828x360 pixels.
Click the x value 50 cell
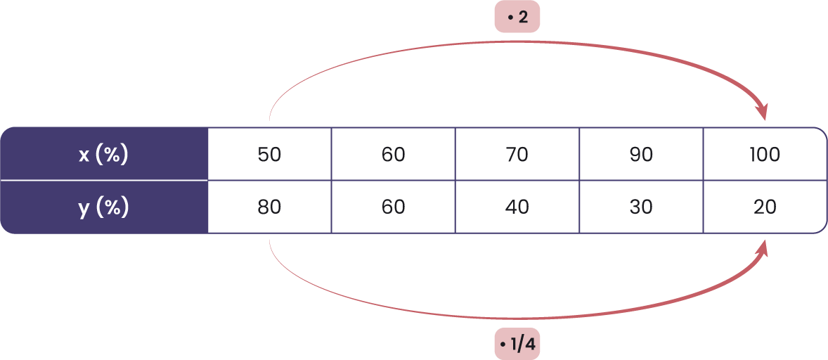click(269, 154)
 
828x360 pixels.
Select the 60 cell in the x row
click(393, 154)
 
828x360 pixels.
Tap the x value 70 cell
click(517, 154)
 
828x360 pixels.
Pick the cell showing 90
click(640, 154)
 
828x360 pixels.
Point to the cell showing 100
click(764, 154)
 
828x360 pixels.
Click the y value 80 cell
click(269, 207)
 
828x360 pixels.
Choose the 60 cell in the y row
click(393, 207)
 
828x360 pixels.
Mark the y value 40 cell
click(517, 207)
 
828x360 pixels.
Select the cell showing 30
click(640, 207)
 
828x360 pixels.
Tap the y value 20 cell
click(764, 207)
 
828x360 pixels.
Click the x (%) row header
click(104, 154)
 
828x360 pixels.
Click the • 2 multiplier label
click(517, 18)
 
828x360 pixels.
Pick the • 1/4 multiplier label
click(517, 345)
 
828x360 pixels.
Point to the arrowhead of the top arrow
click(762, 112)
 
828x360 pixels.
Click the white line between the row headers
click(104, 181)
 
